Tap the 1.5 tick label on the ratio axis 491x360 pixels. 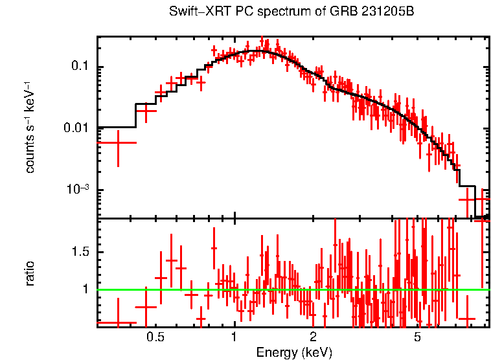(80, 252)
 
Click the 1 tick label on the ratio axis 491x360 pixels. (86, 289)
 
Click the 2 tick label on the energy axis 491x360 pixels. (313, 337)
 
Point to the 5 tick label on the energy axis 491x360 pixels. (418, 337)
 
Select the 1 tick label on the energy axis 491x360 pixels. (234, 337)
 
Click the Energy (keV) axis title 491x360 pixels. (293, 352)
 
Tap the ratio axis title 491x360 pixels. (30, 273)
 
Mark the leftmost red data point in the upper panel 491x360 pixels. (117, 142)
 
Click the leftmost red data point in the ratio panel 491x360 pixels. (117, 322)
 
